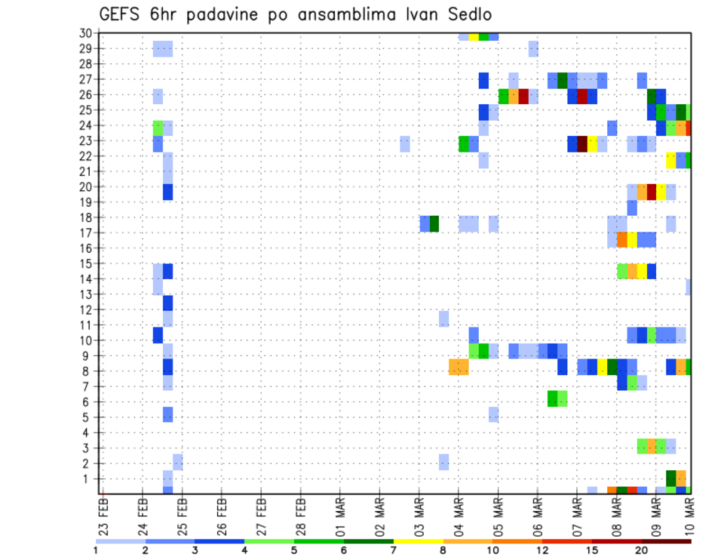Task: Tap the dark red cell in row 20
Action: (652, 192)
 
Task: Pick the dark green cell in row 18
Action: (434, 223)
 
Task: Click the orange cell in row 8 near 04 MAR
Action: (459, 367)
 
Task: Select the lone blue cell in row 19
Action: (632, 208)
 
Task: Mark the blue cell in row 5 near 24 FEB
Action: (168, 414)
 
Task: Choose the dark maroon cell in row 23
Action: (582, 143)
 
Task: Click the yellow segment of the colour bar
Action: (419, 540)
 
